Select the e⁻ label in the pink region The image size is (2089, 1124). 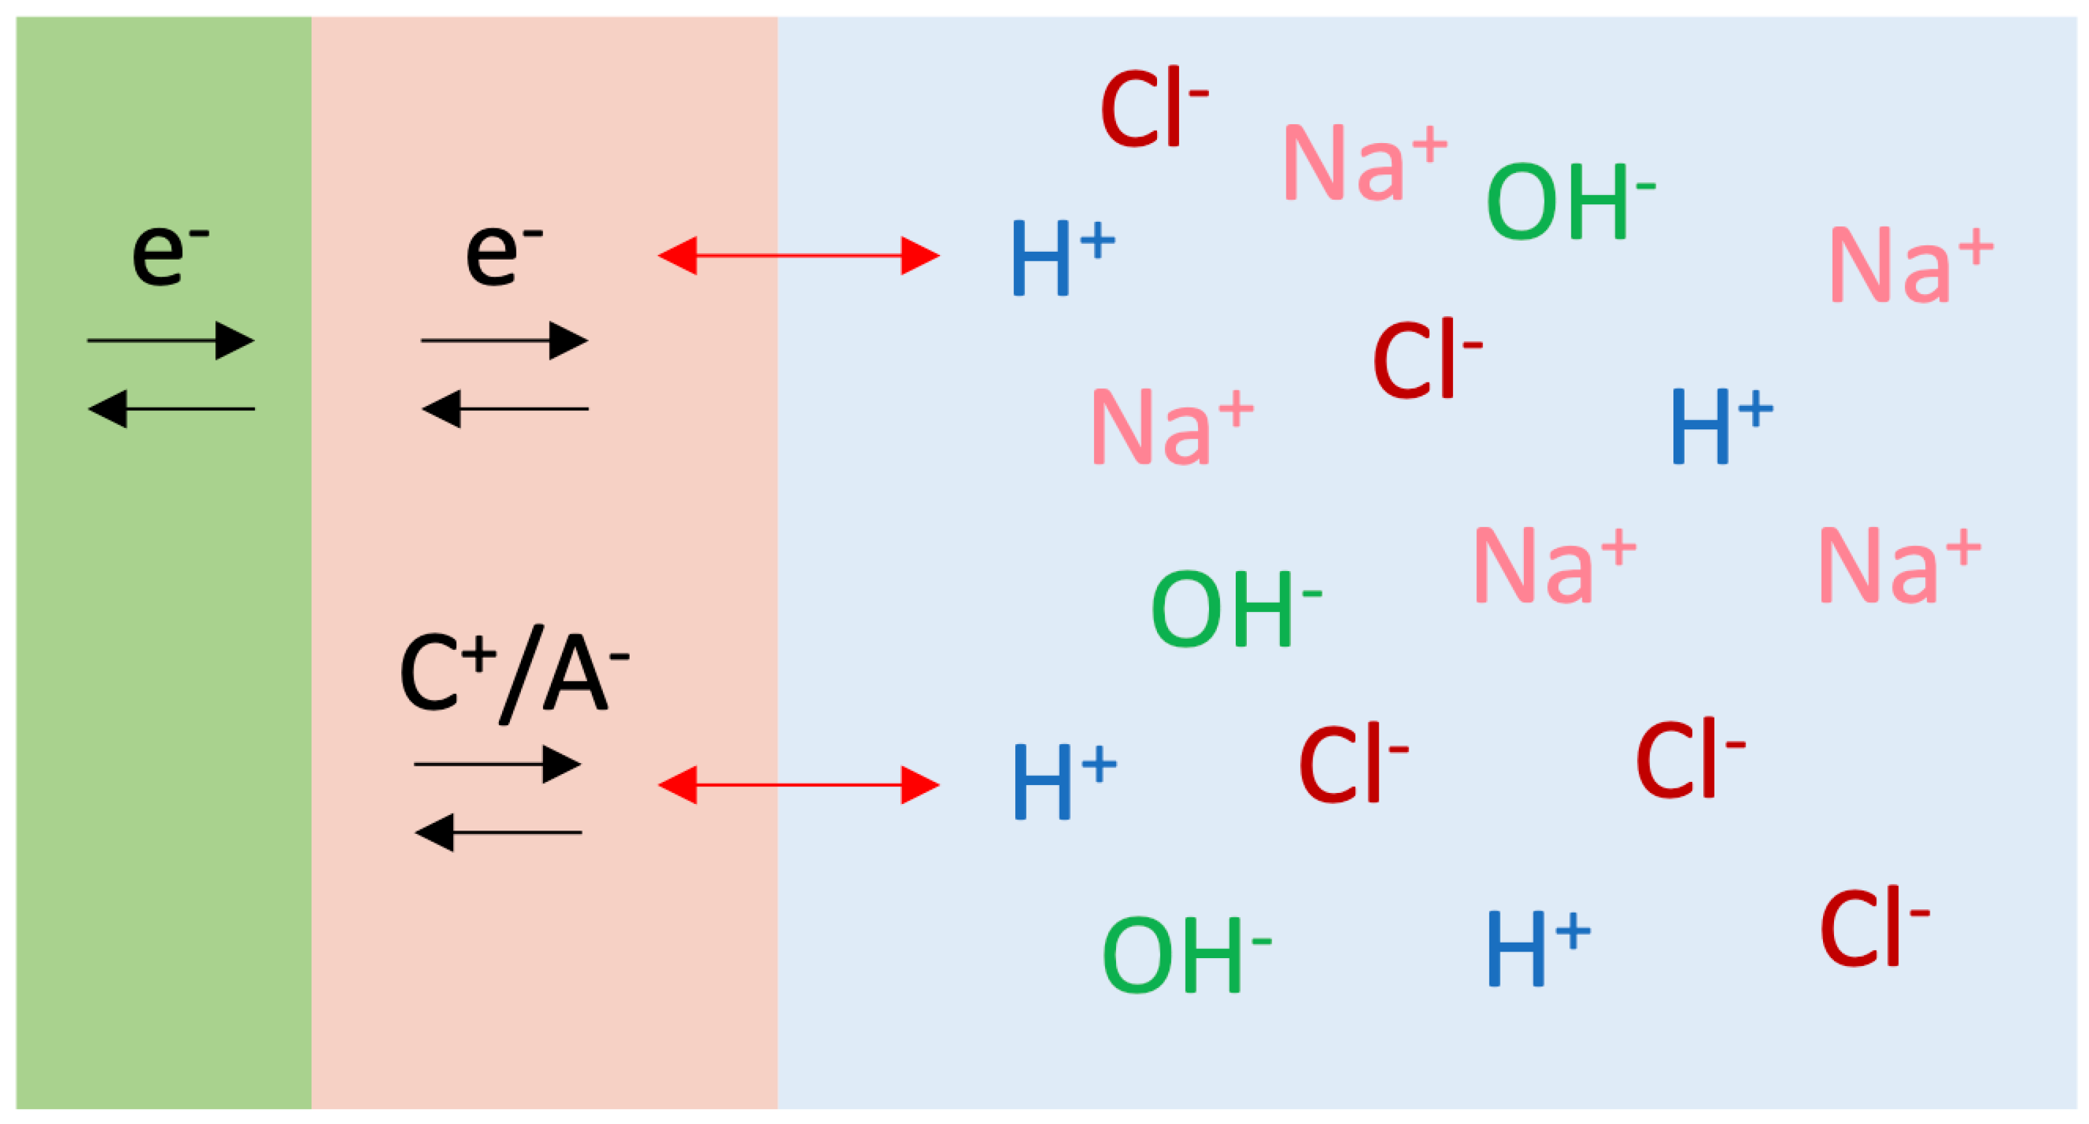click(503, 253)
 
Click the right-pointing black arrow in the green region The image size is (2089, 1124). click(171, 341)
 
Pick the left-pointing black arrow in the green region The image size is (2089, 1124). click(171, 408)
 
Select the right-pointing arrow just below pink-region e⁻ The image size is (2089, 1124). click(505, 341)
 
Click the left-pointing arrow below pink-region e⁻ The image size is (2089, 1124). click(505, 408)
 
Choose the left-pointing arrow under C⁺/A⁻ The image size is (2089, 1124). click(497, 832)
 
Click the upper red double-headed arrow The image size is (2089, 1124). click(798, 256)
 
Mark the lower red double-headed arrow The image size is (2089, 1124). click(798, 785)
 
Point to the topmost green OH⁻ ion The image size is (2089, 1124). click(1569, 200)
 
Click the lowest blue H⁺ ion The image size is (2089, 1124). click(1537, 947)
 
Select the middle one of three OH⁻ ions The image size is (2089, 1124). click(1235, 608)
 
